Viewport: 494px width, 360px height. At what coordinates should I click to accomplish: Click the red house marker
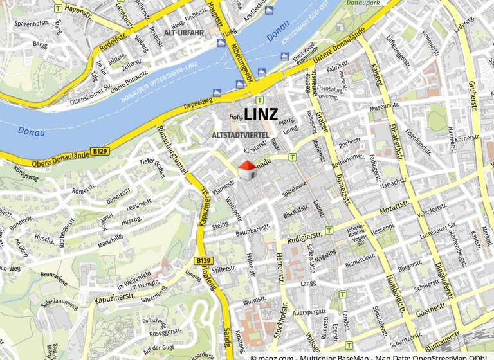pyautogui.click(x=247, y=170)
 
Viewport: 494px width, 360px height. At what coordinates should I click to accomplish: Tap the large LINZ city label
pyautogui.click(x=261, y=115)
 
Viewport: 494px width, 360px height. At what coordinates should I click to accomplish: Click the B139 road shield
pyautogui.click(x=203, y=260)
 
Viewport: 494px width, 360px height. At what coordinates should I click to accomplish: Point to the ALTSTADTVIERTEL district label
pyautogui.click(x=240, y=134)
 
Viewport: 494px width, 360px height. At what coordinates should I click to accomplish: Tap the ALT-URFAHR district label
pyautogui.click(x=183, y=32)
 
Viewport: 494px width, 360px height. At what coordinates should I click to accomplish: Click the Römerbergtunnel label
pyautogui.click(x=176, y=149)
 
